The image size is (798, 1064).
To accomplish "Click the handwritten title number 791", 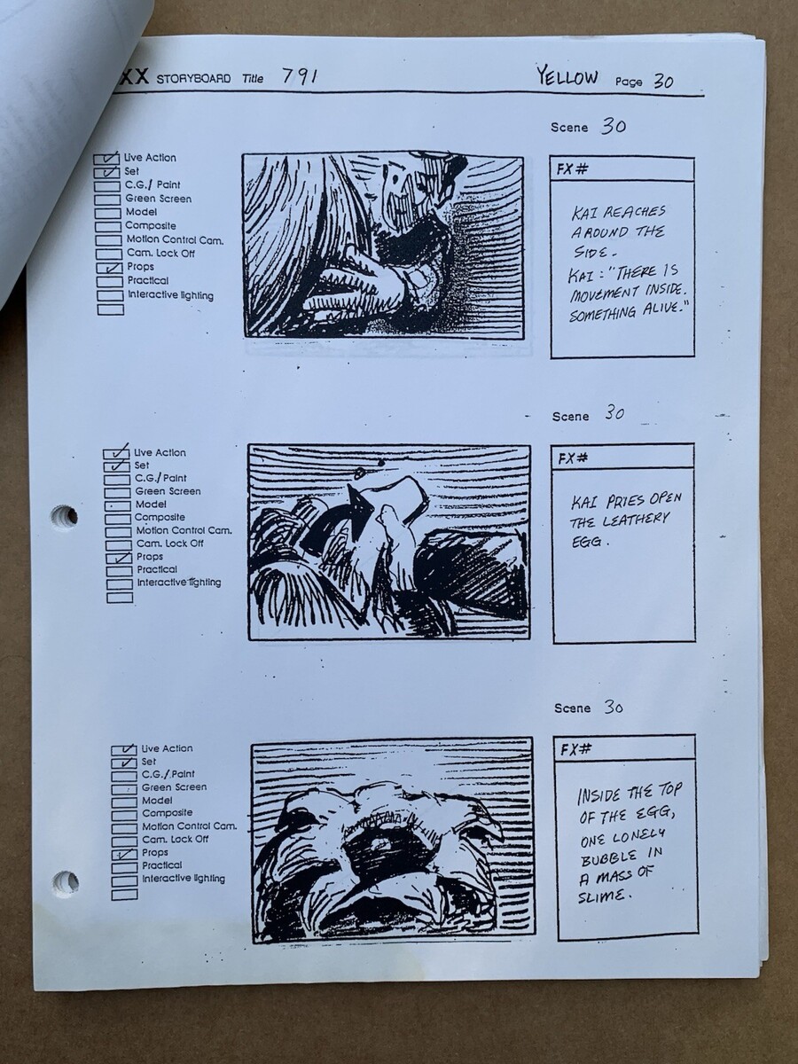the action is click(300, 76).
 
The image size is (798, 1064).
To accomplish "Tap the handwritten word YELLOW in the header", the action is click(567, 77).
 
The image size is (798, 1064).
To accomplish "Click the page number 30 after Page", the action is click(663, 81).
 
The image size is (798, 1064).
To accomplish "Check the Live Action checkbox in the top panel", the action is click(106, 159).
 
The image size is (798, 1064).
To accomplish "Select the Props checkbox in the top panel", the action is click(109, 268).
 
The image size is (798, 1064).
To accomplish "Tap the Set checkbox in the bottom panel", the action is click(124, 763).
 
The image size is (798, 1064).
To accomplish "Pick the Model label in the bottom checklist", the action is click(157, 801).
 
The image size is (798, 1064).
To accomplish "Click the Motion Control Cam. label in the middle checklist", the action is click(184, 530).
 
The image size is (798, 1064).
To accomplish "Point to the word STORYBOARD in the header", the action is click(193, 79).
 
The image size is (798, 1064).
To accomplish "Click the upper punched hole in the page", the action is click(65, 515).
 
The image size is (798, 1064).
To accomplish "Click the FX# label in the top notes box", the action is click(572, 169).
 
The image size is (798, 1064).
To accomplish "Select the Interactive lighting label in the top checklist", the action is click(170, 294).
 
